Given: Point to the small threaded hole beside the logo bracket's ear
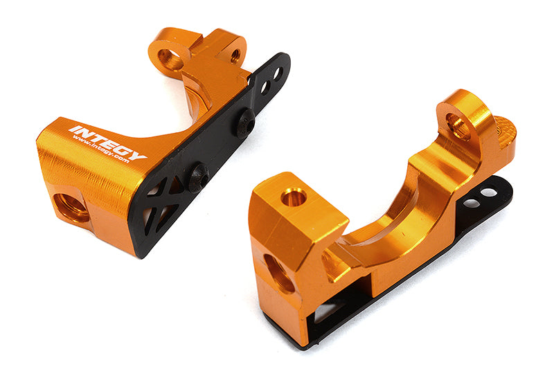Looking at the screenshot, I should pyautogui.click(x=235, y=55).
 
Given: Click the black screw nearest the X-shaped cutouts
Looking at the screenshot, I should pyautogui.click(x=198, y=178).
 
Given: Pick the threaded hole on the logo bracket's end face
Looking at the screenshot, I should pyautogui.click(x=72, y=207).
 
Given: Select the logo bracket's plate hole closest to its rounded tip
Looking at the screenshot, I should pyautogui.click(x=278, y=72).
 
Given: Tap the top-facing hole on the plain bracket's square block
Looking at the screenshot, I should pyautogui.click(x=294, y=197).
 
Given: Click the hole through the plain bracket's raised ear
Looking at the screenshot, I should pyautogui.click(x=458, y=125).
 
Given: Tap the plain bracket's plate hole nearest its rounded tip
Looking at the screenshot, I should pyautogui.click(x=490, y=192).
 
